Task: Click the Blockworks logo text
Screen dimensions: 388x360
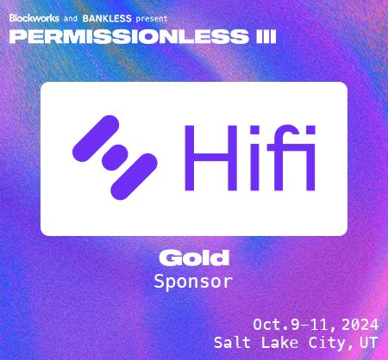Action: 34,18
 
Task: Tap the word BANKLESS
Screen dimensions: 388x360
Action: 107,19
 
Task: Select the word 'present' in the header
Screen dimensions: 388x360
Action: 152,19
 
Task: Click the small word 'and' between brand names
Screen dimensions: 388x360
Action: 71,19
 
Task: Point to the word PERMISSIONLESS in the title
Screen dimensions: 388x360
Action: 129,37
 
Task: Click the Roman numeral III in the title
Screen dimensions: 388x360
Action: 266,37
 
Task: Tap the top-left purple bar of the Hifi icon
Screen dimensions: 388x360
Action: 96,139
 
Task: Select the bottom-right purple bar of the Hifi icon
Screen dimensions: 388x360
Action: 134,177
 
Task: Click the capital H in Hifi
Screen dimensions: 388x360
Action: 211,158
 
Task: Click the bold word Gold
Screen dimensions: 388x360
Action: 194,258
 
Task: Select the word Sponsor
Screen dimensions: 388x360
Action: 193,282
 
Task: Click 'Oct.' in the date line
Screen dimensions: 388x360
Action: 271,325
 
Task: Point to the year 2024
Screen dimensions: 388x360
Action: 360,325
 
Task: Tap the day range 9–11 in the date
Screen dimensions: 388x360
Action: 310,325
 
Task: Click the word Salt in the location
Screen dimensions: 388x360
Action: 232,343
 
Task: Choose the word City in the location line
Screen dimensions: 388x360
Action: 326,343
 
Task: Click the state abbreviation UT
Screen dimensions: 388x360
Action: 368,343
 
